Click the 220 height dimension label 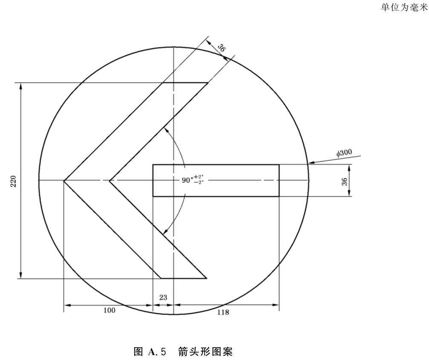(x=13, y=181)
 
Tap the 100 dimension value (x=109, y=310)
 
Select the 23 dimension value (x=163, y=297)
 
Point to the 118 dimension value (x=223, y=312)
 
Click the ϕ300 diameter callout (x=344, y=153)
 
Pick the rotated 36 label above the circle (x=222, y=48)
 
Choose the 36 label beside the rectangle (x=345, y=181)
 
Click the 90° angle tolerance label (x=193, y=180)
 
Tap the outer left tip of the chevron (x=64, y=181)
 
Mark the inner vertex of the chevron (x=109, y=181)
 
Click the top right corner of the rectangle (x=279, y=165)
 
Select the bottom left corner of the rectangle (x=153, y=196)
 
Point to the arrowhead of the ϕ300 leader (x=311, y=163)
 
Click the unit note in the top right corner (x=404, y=7)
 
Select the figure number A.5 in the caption (x=157, y=351)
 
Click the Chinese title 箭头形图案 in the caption (x=205, y=351)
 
